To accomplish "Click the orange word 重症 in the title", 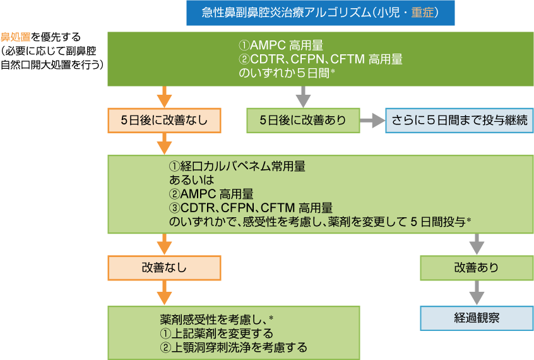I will (x=423, y=13).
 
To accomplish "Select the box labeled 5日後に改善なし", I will (x=164, y=120).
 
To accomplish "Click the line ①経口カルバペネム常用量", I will (x=237, y=167).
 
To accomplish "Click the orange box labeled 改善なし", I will (x=164, y=267).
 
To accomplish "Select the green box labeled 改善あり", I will (x=476, y=267).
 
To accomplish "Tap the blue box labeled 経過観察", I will (x=476, y=318).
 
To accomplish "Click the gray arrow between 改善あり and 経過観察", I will (x=476, y=292).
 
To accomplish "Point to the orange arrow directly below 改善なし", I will (x=164, y=292).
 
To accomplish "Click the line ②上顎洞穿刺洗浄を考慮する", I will (x=233, y=347).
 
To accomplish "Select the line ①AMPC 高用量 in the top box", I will (x=281, y=45).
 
